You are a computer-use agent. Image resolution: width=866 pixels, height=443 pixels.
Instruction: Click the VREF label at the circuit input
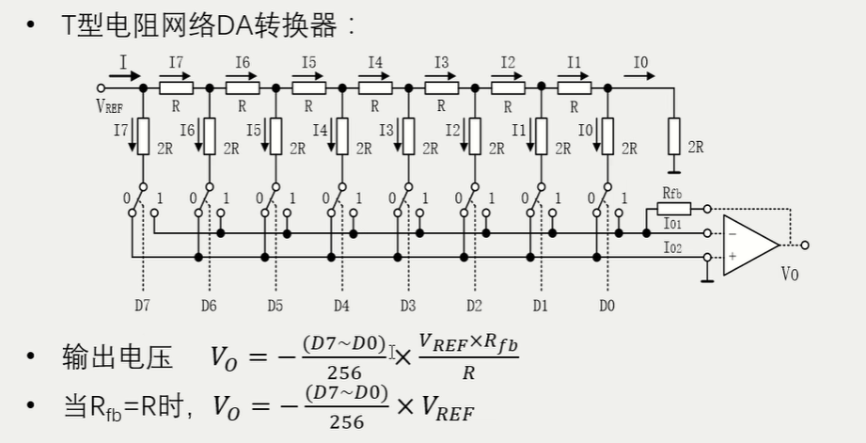coord(109,106)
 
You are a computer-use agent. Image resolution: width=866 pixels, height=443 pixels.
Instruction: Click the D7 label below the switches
coord(141,306)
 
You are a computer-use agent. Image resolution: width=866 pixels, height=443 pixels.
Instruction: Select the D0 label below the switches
coord(607,306)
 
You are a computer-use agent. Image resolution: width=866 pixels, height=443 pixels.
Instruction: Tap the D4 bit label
coord(341,306)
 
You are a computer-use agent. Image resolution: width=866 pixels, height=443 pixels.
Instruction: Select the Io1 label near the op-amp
coord(672,224)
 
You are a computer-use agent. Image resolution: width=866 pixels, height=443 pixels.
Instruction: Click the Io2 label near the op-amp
coord(672,246)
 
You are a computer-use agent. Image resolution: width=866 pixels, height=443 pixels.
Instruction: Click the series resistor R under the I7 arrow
coord(176,87)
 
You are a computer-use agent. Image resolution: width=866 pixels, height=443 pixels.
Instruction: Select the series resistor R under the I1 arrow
coord(575,87)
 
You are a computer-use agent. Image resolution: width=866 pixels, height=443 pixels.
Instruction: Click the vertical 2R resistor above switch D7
coord(143,137)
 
